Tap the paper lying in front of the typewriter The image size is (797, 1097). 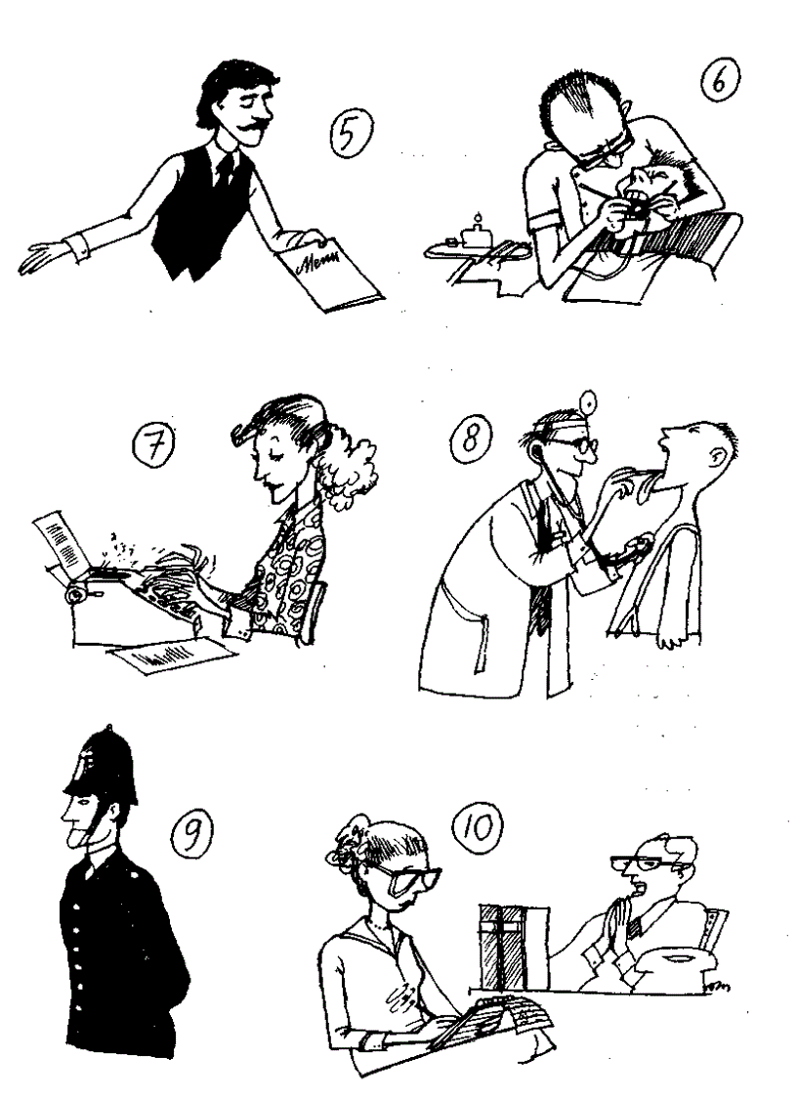(x=171, y=656)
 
